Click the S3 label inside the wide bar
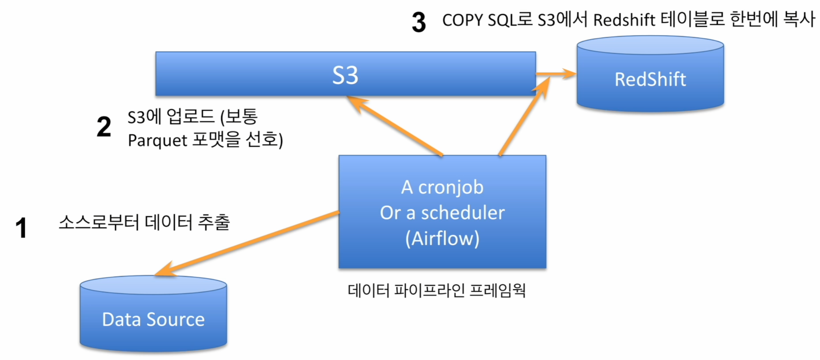(x=345, y=75)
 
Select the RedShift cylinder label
(x=650, y=80)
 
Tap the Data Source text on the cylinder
(x=153, y=319)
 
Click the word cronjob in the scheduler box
(x=451, y=188)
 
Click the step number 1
(x=21, y=228)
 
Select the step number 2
(x=104, y=127)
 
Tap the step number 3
(x=419, y=22)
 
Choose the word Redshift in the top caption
(x=624, y=20)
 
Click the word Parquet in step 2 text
(x=158, y=141)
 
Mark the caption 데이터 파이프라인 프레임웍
(x=436, y=290)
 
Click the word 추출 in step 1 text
(x=214, y=222)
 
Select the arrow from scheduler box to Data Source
(x=247, y=243)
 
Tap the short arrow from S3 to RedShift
(x=556, y=74)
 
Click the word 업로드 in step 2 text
(x=191, y=116)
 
